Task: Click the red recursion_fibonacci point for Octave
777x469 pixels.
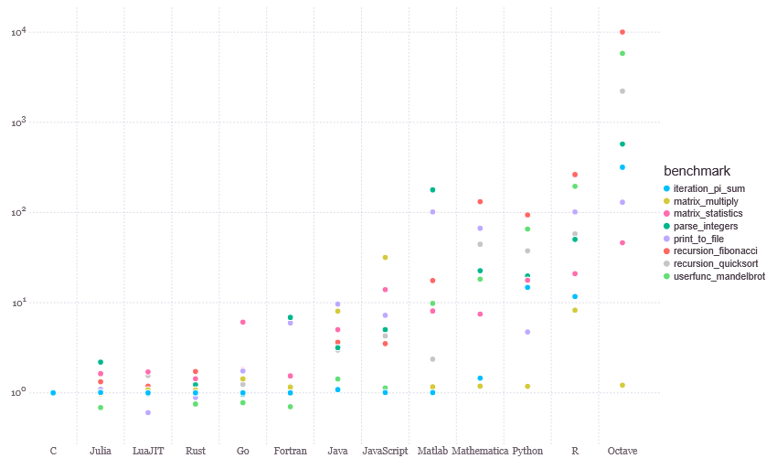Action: click(623, 32)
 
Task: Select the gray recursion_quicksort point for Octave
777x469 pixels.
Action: click(623, 91)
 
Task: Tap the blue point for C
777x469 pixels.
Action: click(53, 392)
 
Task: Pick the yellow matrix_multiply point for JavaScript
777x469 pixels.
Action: click(385, 257)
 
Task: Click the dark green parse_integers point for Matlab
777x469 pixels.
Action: click(432, 190)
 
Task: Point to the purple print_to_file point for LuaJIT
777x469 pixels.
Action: click(148, 412)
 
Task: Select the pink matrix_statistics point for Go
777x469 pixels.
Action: click(243, 322)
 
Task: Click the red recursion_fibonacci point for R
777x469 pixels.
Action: click(575, 175)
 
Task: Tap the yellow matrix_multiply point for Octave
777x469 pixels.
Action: click(623, 385)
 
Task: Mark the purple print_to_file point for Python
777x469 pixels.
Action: click(527, 332)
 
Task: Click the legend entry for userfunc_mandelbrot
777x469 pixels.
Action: click(715, 276)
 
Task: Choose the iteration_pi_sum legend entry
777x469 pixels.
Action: click(704, 188)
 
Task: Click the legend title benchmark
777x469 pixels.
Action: click(697, 171)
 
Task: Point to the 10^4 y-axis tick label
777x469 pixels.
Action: click(19, 32)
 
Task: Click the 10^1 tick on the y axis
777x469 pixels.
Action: click(19, 303)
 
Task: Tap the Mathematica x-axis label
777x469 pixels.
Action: click(480, 451)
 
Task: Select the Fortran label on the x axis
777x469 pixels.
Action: click(291, 451)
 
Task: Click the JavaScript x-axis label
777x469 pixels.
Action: click(385, 451)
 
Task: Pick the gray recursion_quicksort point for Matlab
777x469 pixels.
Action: click(432, 359)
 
